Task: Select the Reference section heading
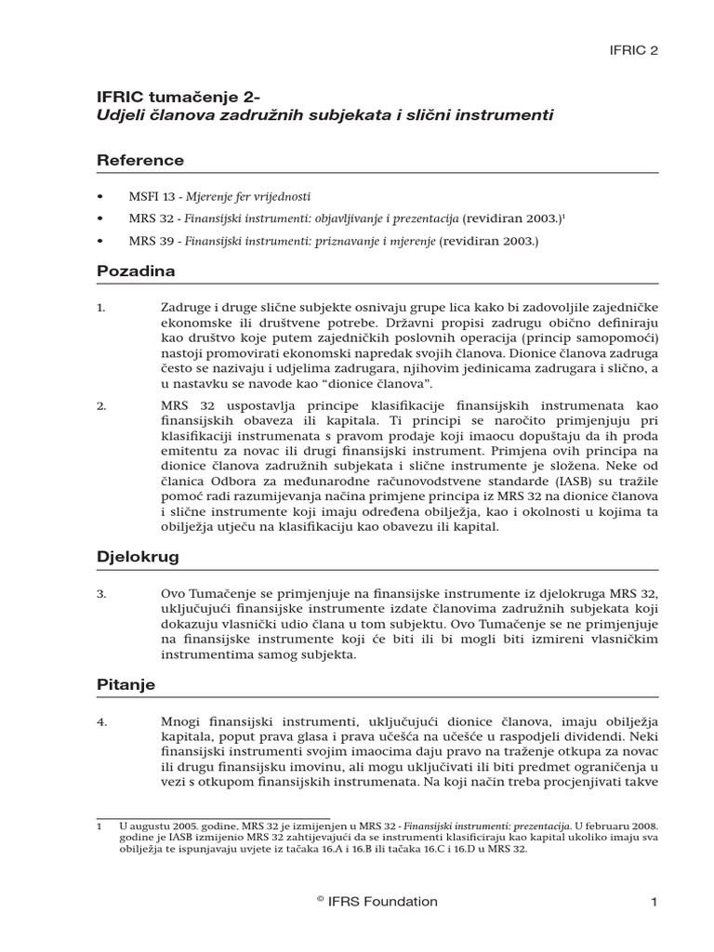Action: (x=140, y=161)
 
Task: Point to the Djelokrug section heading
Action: (x=139, y=558)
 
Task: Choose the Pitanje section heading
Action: (x=126, y=684)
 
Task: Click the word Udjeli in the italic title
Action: (x=119, y=116)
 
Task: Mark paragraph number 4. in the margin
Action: (x=102, y=721)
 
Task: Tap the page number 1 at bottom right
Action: (x=654, y=902)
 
